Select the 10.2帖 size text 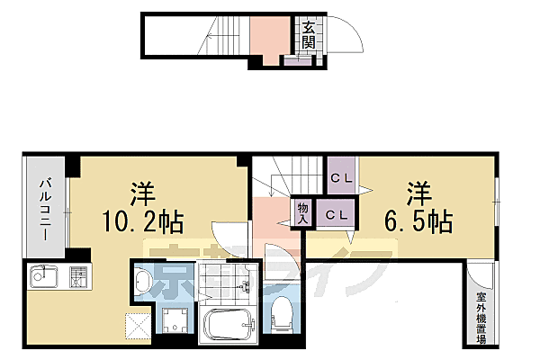146,219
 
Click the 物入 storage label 303,212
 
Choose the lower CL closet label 338,215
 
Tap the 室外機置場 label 481,315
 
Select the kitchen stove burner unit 78,277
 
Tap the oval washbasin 144,283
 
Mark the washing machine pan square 174,318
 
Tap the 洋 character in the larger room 141,193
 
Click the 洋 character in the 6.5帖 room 418,193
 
